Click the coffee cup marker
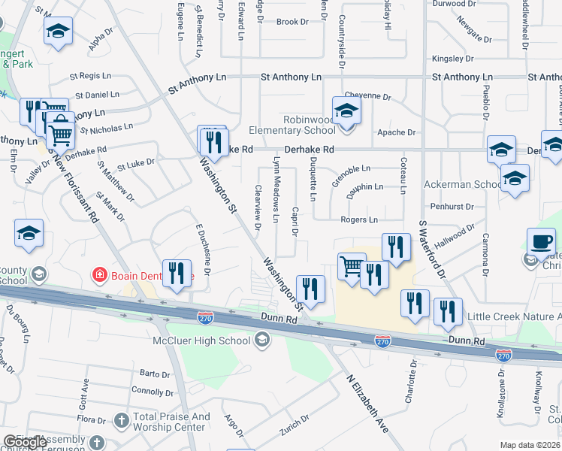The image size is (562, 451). pyautogui.click(x=541, y=242)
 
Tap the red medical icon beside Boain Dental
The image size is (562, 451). pyautogui.click(x=98, y=275)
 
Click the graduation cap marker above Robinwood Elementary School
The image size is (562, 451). pyautogui.click(x=346, y=110)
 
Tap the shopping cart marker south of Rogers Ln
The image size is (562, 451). pyautogui.click(x=352, y=267)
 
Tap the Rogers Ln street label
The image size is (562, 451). pyautogui.click(x=359, y=219)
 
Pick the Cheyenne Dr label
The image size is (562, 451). pyautogui.click(x=368, y=97)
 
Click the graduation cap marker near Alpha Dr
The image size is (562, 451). pyautogui.click(x=58, y=32)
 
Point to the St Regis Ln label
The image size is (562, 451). pyautogui.click(x=95, y=76)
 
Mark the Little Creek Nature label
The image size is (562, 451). pyautogui.click(x=514, y=317)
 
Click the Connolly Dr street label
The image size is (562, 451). pyautogui.click(x=153, y=391)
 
